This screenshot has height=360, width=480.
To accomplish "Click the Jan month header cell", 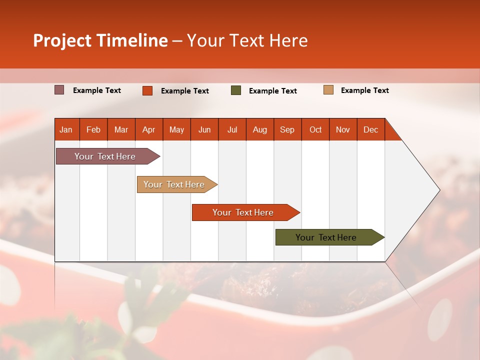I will click(66, 129).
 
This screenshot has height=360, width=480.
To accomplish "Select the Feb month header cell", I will click(93, 129).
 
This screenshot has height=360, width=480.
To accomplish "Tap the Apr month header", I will click(149, 129).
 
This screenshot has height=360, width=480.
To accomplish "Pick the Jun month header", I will click(204, 129).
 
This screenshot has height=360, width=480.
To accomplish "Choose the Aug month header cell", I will click(260, 129).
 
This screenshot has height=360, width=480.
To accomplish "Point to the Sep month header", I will click(287, 129).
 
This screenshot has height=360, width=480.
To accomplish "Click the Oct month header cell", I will click(315, 129).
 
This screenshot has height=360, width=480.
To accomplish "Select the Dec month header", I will click(371, 129).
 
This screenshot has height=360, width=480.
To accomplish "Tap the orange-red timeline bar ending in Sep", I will click(243, 212).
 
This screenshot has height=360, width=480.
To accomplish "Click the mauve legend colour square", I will click(59, 90).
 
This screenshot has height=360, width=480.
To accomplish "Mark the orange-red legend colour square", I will click(147, 90).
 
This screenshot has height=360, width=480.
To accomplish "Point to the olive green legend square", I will click(236, 90).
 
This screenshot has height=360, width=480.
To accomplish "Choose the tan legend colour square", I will click(328, 90).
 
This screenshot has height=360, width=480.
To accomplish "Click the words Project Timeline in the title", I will click(100, 40).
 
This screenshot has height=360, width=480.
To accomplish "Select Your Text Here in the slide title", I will click(247, 40).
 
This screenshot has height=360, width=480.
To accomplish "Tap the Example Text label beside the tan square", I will click(364, 90).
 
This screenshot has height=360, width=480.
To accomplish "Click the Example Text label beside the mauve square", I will click(97, 90).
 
